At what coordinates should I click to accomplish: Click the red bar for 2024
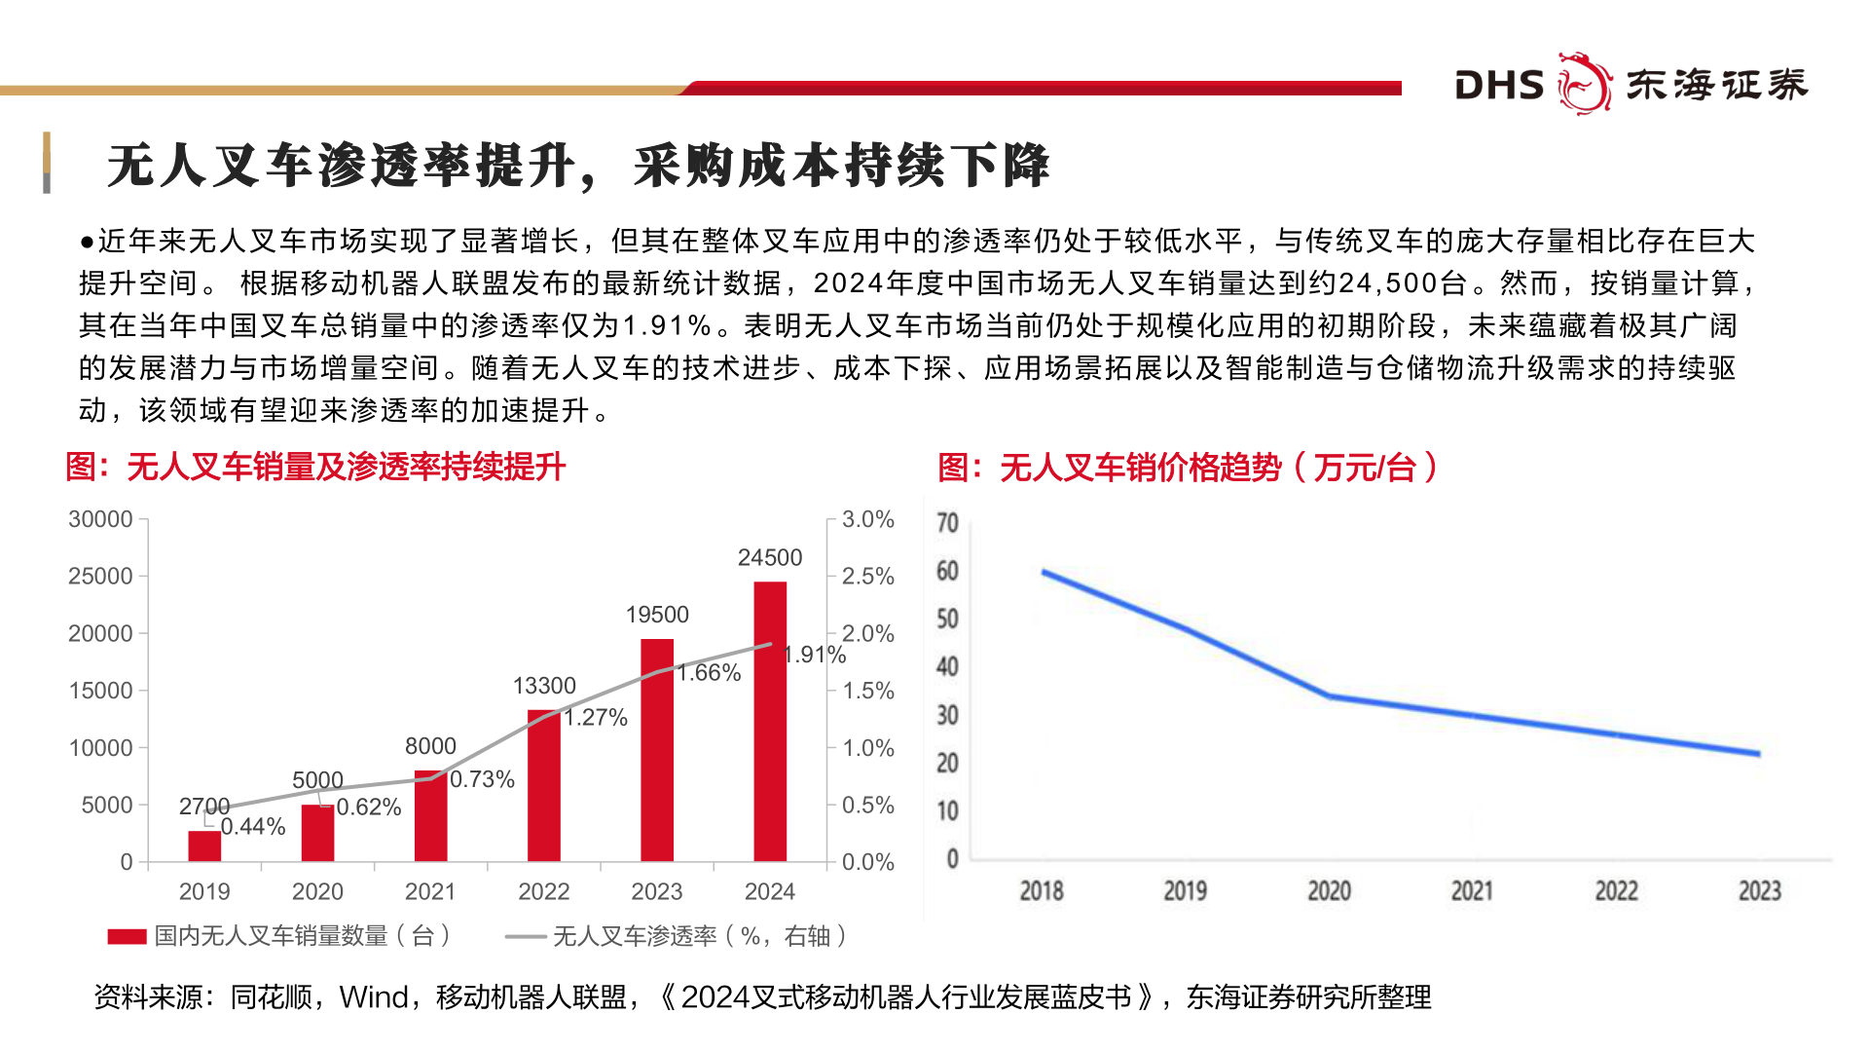pos(770,721)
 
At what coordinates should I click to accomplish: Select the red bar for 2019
pos(204,845)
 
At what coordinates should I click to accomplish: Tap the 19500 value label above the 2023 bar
pos(657,615)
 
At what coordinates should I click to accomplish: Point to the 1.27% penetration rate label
pos(596,718)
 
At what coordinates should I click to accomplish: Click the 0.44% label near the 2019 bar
pos(253,827)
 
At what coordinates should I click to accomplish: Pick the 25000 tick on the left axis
pos(100,576)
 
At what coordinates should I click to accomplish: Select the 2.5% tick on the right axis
pos(867,576)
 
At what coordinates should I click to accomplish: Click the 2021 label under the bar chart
pos(430,891)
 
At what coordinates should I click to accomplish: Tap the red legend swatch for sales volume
pos(127,936)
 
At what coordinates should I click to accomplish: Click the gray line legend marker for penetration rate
pos(526,936)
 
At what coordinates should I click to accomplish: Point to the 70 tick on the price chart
pos(947,523)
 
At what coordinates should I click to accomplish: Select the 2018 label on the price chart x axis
pos(1041,890)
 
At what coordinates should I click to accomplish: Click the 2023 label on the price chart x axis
pos(1759,890)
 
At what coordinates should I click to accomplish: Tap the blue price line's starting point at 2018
pos(1044,573)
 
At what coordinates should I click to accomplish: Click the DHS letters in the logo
pos(1499,86)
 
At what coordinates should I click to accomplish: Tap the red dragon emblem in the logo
pos(1585,84)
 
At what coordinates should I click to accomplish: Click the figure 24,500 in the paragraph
pos(1402,283)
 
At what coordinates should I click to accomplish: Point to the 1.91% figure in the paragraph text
pos(667,325)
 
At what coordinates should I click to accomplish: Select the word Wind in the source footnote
pos(374,997)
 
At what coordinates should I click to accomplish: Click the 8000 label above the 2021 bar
pos(430,746)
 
